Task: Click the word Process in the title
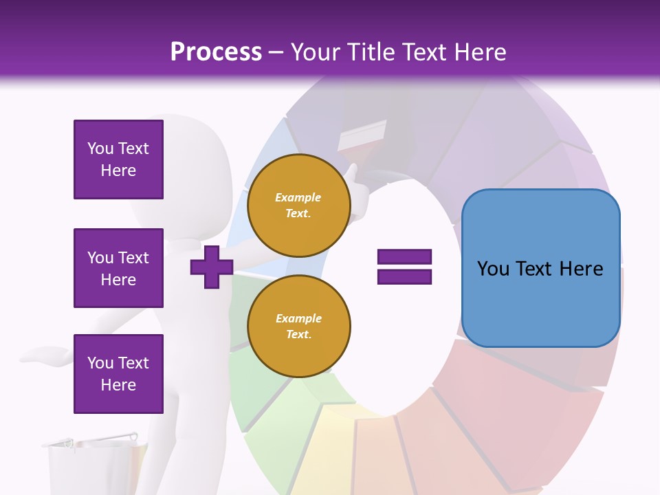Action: point(216,52)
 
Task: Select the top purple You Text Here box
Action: point(118,159)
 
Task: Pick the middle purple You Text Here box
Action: point(118,268)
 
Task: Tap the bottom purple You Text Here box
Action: point(118,373)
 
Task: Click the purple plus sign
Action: point(212,267)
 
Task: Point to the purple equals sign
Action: point(404,267)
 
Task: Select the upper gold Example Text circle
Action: point(298,205)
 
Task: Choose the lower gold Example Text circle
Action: point(298,326)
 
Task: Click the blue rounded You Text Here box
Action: point(540,268)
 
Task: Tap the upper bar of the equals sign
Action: point(404,257)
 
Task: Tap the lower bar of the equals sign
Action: point(404,276)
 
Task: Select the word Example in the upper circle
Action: point(298,197)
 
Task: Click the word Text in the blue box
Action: point(538,268)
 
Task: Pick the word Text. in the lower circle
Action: point(298,334)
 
